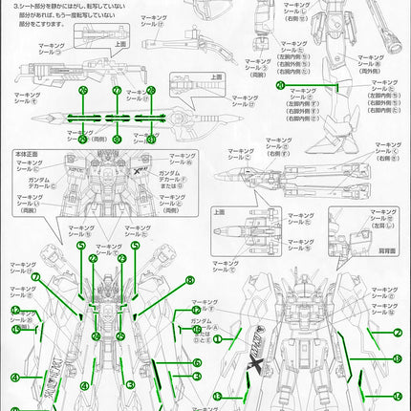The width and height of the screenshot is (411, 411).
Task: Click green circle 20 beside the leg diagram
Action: pos(279,85)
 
